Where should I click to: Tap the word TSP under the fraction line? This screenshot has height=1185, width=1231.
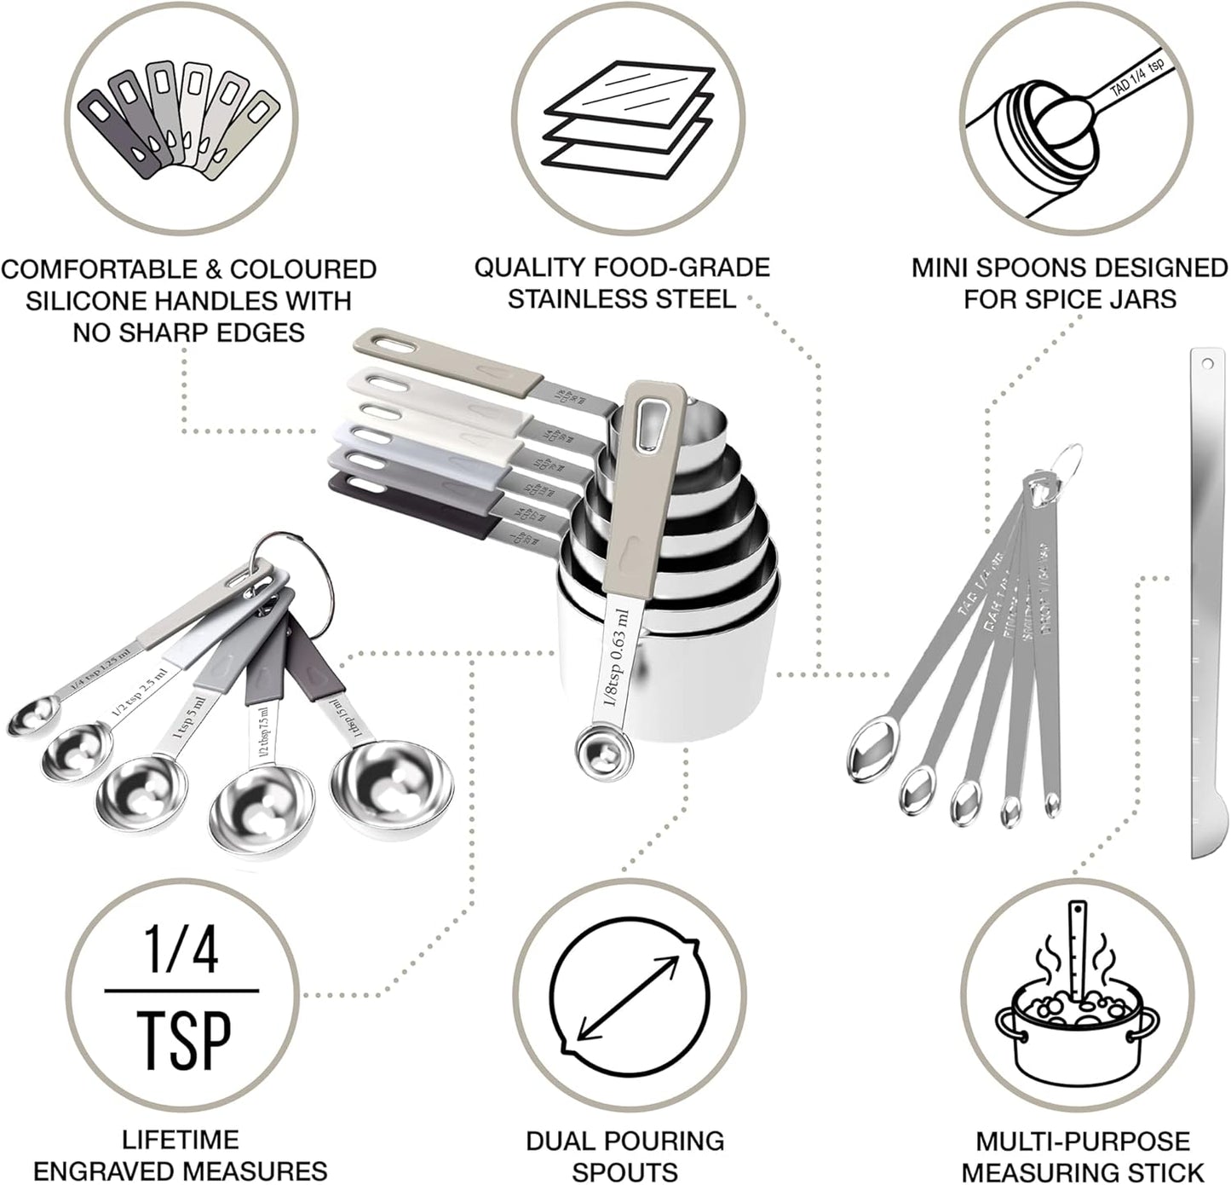coord(181,1033)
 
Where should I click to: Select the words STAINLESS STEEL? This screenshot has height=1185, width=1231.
coord(622,298)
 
